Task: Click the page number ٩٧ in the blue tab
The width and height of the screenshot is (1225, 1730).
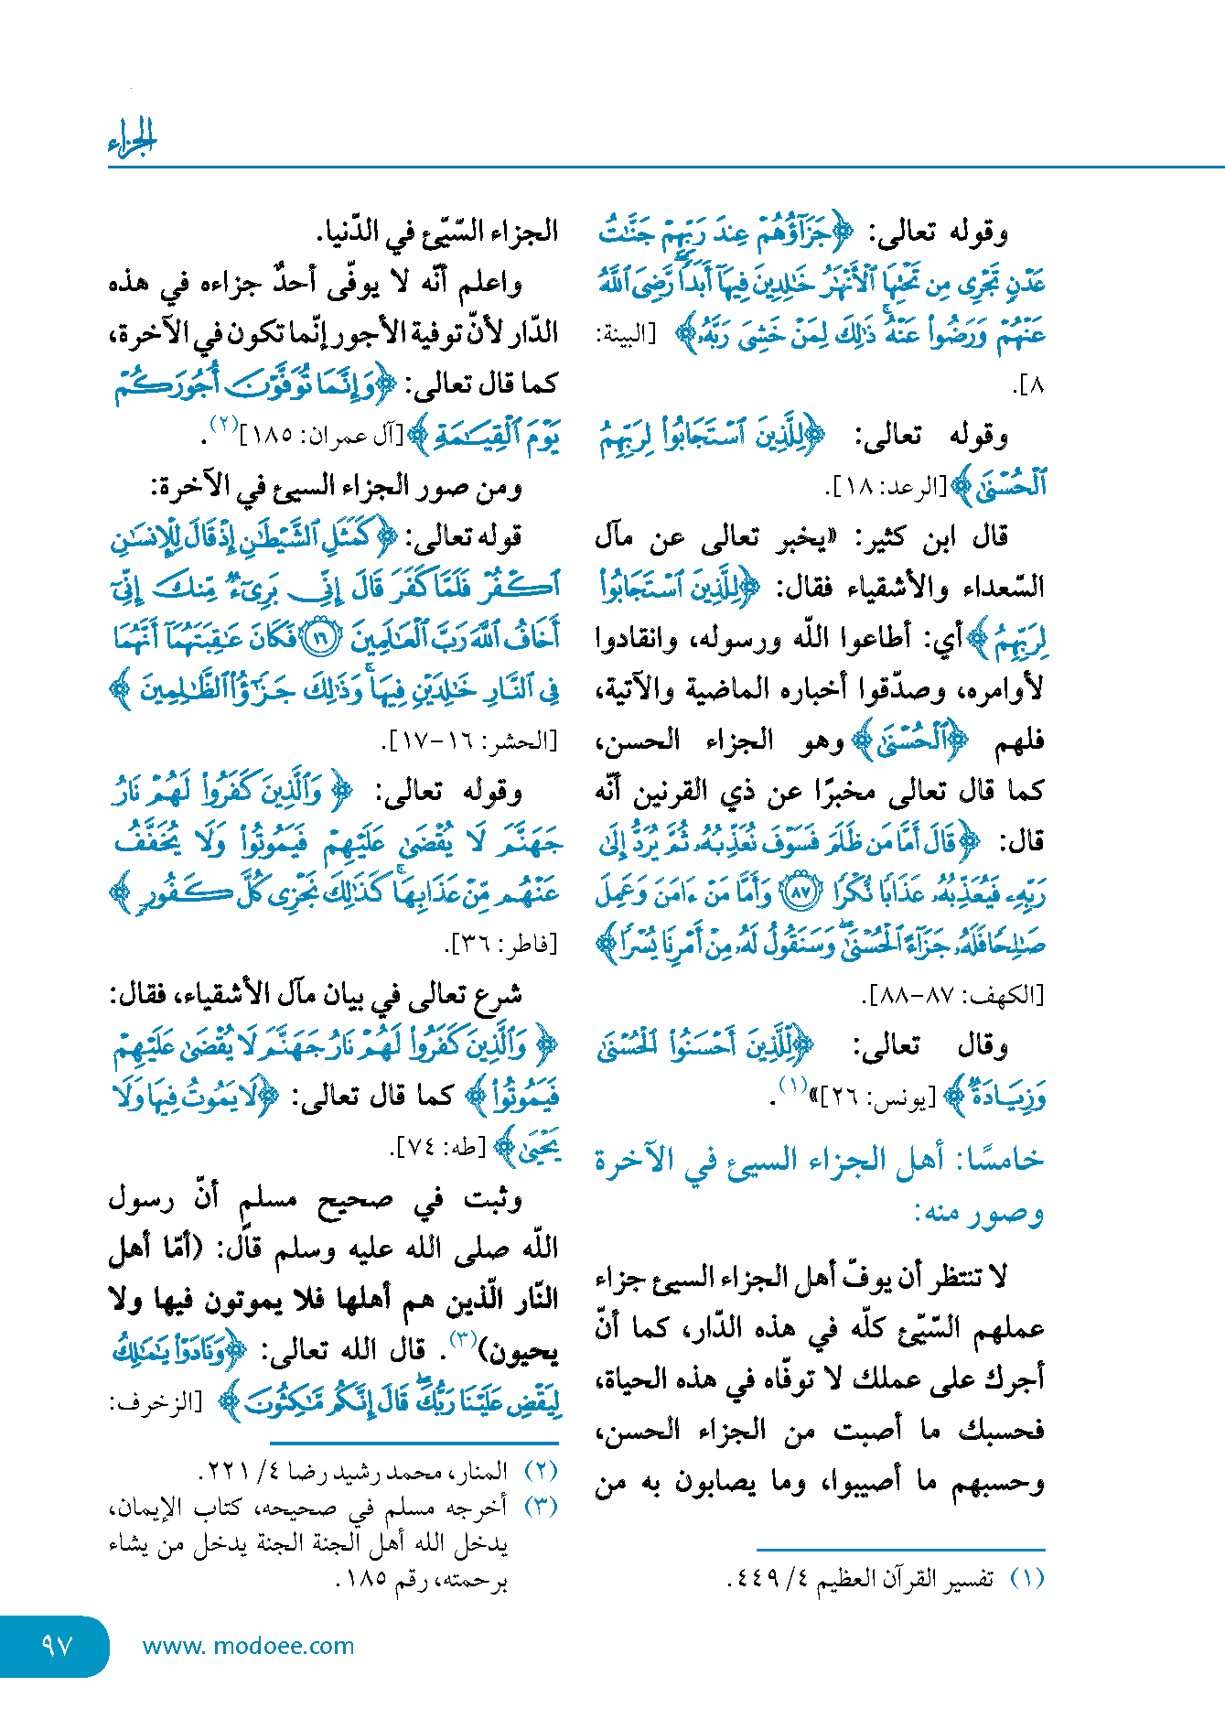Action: click(x=57, y=1645)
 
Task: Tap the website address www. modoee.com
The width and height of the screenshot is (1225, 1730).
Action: click(x=248, y=1646)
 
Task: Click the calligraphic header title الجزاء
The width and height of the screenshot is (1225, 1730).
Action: click(x=133, y=138)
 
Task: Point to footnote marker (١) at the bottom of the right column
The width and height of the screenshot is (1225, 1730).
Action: click(x=1028, y=1578)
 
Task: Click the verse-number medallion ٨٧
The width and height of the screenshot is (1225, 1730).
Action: click(x=802, y=893)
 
